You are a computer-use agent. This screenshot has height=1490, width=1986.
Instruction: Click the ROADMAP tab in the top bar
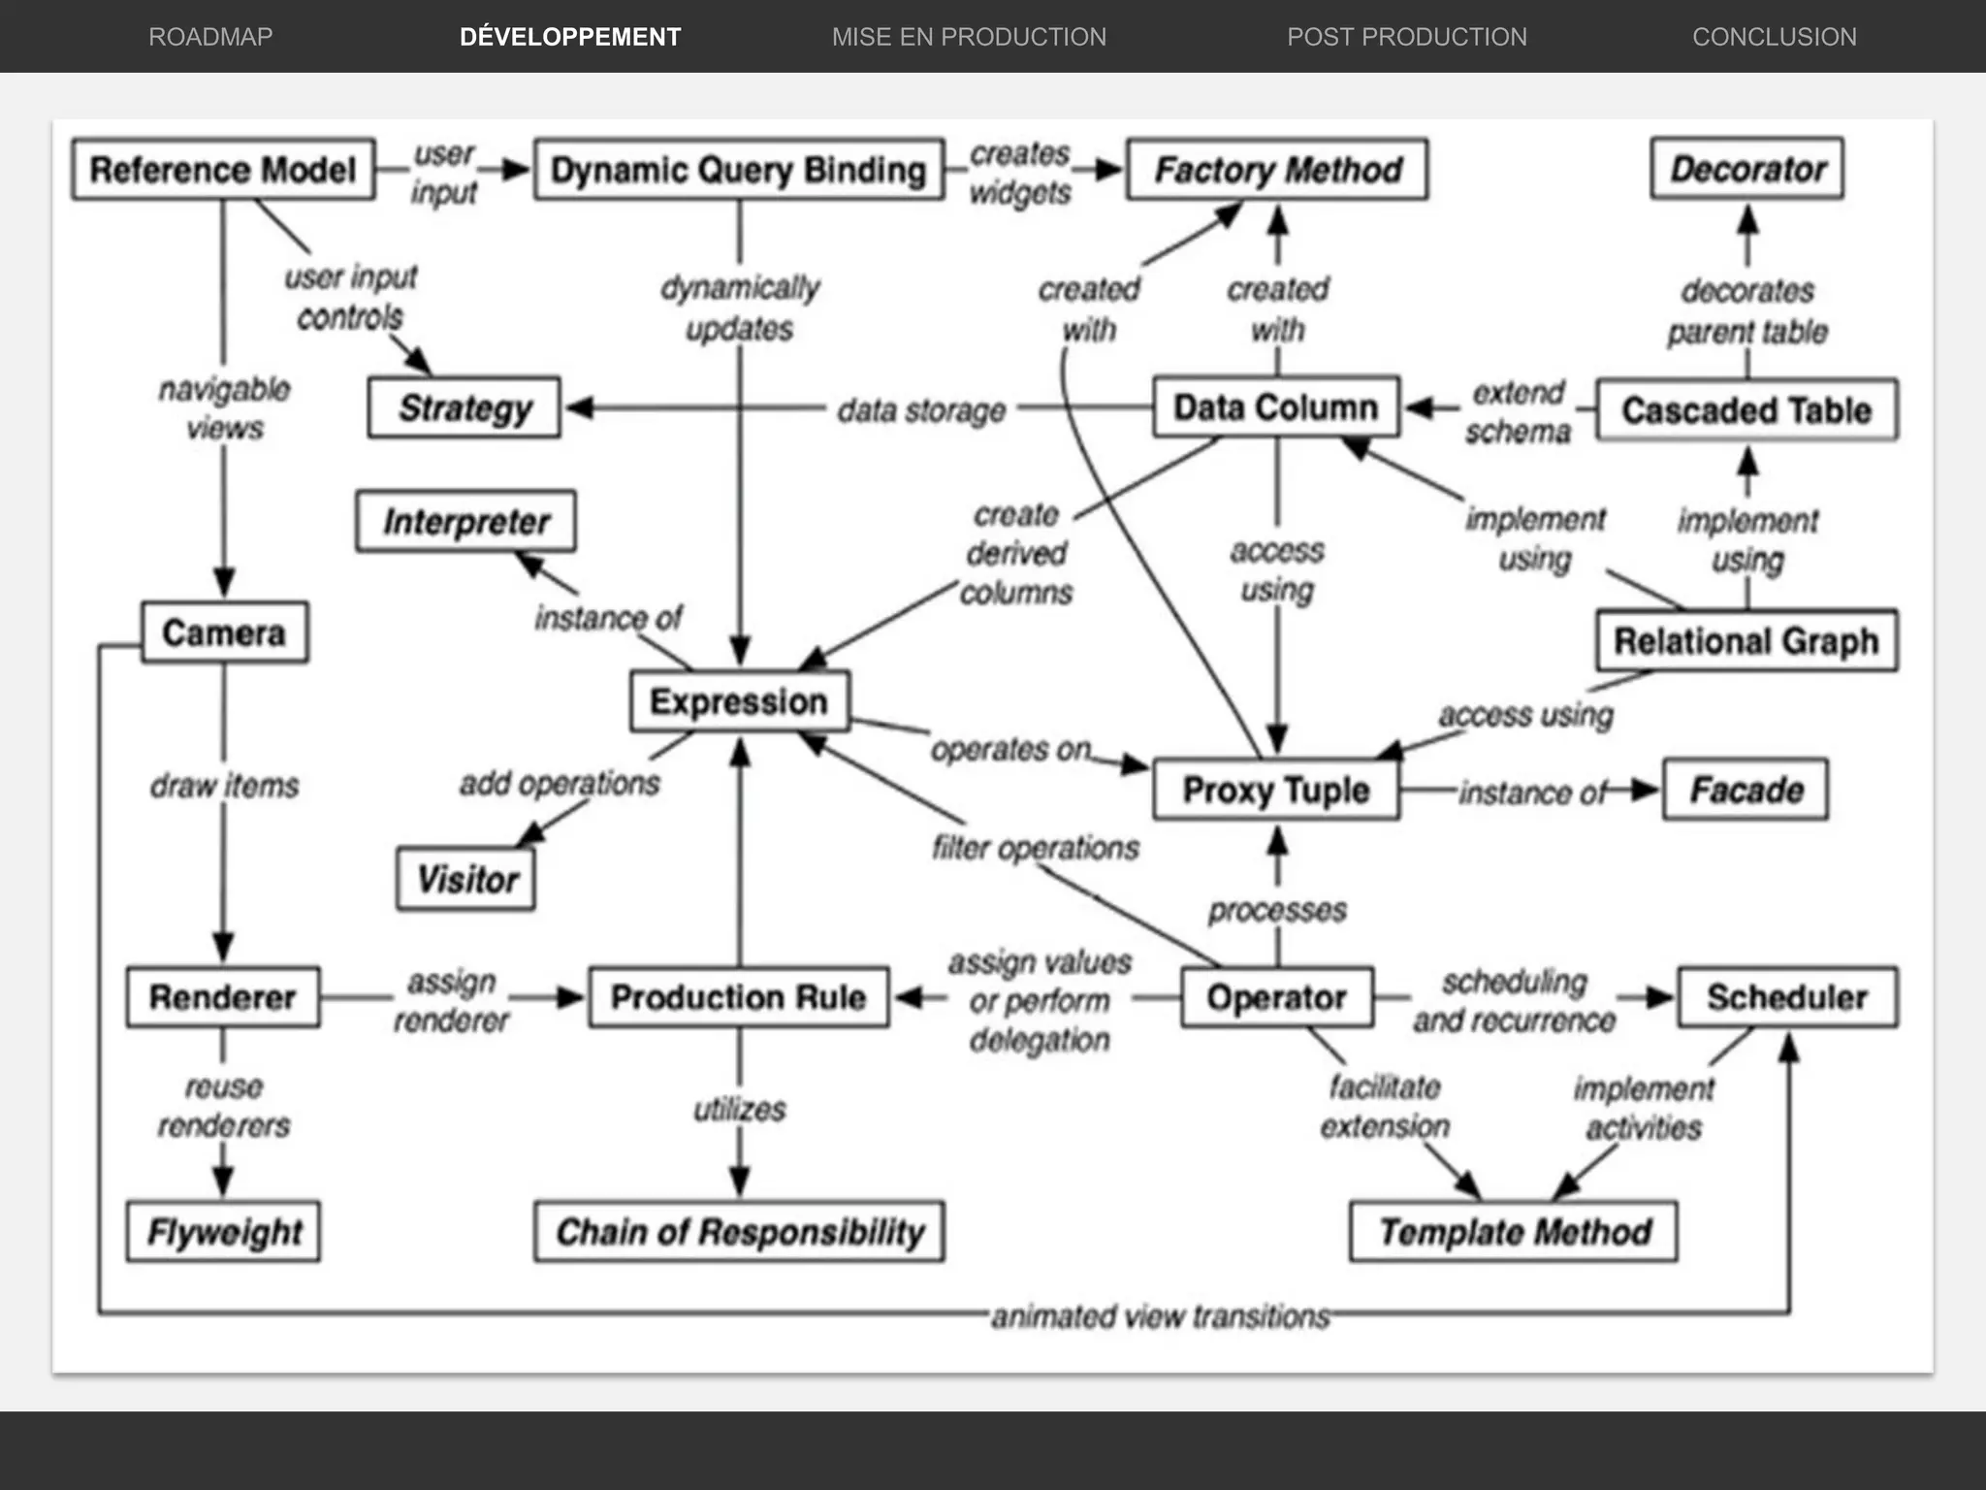tap(210, 37)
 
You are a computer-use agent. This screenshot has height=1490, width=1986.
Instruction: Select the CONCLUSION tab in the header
tap(1774, 37)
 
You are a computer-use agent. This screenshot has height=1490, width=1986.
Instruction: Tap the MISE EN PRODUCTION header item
tap(969, 37)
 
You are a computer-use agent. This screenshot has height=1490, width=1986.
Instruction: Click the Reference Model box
tap(223, 170)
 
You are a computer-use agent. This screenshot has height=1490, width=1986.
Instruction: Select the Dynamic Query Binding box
tap(738, 170)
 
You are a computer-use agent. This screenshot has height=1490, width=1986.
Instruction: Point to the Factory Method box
tap(1276, 170)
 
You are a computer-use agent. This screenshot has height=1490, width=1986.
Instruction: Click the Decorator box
tap(1746, 169)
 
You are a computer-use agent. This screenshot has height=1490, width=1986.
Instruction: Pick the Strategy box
tap(464, 408)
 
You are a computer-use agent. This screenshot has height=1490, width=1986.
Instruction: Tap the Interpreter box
tap(465, 522)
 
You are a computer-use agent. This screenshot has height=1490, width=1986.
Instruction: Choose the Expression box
tap(739, 701)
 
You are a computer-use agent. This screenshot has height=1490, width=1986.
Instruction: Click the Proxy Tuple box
tap(1275, 790)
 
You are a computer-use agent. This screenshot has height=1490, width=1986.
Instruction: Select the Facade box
tap(1746, 790)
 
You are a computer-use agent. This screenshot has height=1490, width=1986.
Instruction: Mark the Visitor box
tap(466, 880)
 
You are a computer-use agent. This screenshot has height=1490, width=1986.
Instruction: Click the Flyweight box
tap(223, 1232)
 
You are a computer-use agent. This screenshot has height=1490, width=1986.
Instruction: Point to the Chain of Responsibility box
tap(739, 1232)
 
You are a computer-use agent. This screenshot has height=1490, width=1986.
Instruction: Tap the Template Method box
tap(1514, 1232)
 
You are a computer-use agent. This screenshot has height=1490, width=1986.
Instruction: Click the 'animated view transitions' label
tap(1160, 1316)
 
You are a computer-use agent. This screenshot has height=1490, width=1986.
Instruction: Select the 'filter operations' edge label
tap(1035, 848)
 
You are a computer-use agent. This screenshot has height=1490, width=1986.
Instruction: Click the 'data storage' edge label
tap(920, 410)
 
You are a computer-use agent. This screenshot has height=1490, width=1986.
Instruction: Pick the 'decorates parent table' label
tap(1746, 311)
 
